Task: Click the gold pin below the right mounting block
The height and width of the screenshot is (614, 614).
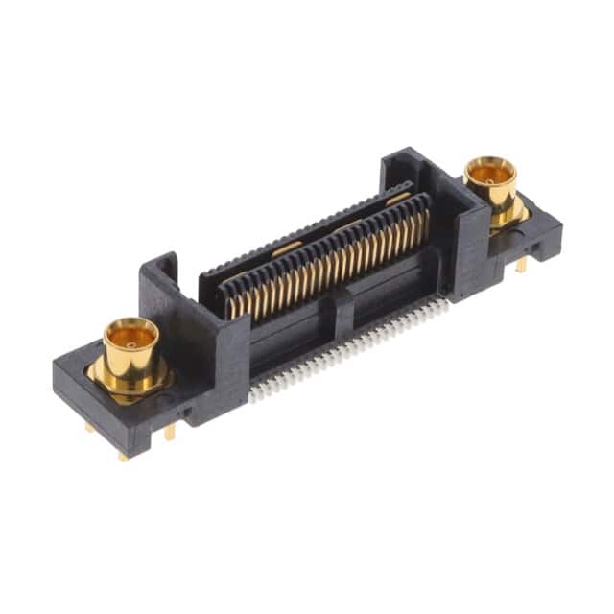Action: (x=520, y=265)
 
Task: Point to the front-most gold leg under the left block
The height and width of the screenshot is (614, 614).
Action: (x=124, y=454)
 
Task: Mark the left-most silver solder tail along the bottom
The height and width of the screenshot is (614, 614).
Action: (x=254, y=396)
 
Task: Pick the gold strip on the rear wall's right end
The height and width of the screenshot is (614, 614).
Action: (x=398, y=198)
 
